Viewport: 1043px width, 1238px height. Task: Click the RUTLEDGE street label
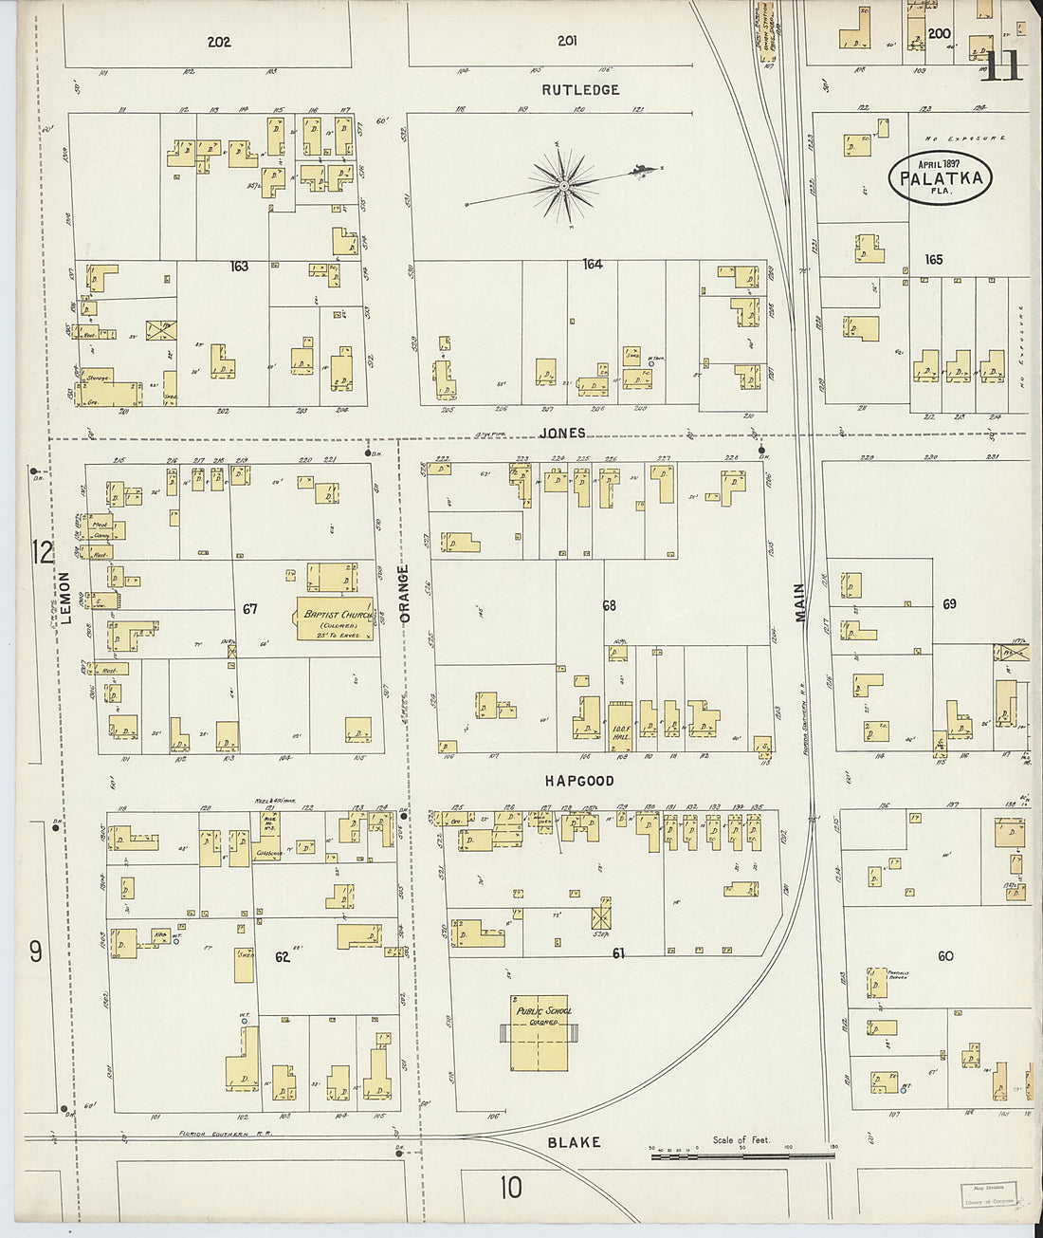tap(580, 90)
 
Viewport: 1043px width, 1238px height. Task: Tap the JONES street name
tap(562, 433)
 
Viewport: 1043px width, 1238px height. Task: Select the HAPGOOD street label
tap(578, 781)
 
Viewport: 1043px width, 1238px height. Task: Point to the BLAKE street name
tap(574, 1142)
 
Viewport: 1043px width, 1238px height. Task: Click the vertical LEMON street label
tap(65, 598)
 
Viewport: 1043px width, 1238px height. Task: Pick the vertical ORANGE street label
tap(405, 595)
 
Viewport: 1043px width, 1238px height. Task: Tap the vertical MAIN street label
tap(799, 602)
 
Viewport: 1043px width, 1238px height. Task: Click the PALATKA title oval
tap(940, 176)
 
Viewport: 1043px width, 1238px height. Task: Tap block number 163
tap(239, 267)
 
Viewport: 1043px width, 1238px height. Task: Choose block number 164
tap(593, 265)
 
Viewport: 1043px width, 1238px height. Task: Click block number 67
tap(249, 609)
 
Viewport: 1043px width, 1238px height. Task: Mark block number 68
tap(609, 605)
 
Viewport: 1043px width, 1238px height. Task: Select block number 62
tap(282, 956)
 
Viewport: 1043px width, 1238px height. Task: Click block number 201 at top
tap(567, 41)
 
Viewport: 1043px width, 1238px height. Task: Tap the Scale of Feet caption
tap(741, 1139)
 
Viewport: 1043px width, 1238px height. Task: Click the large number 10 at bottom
tap(511, 1187)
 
